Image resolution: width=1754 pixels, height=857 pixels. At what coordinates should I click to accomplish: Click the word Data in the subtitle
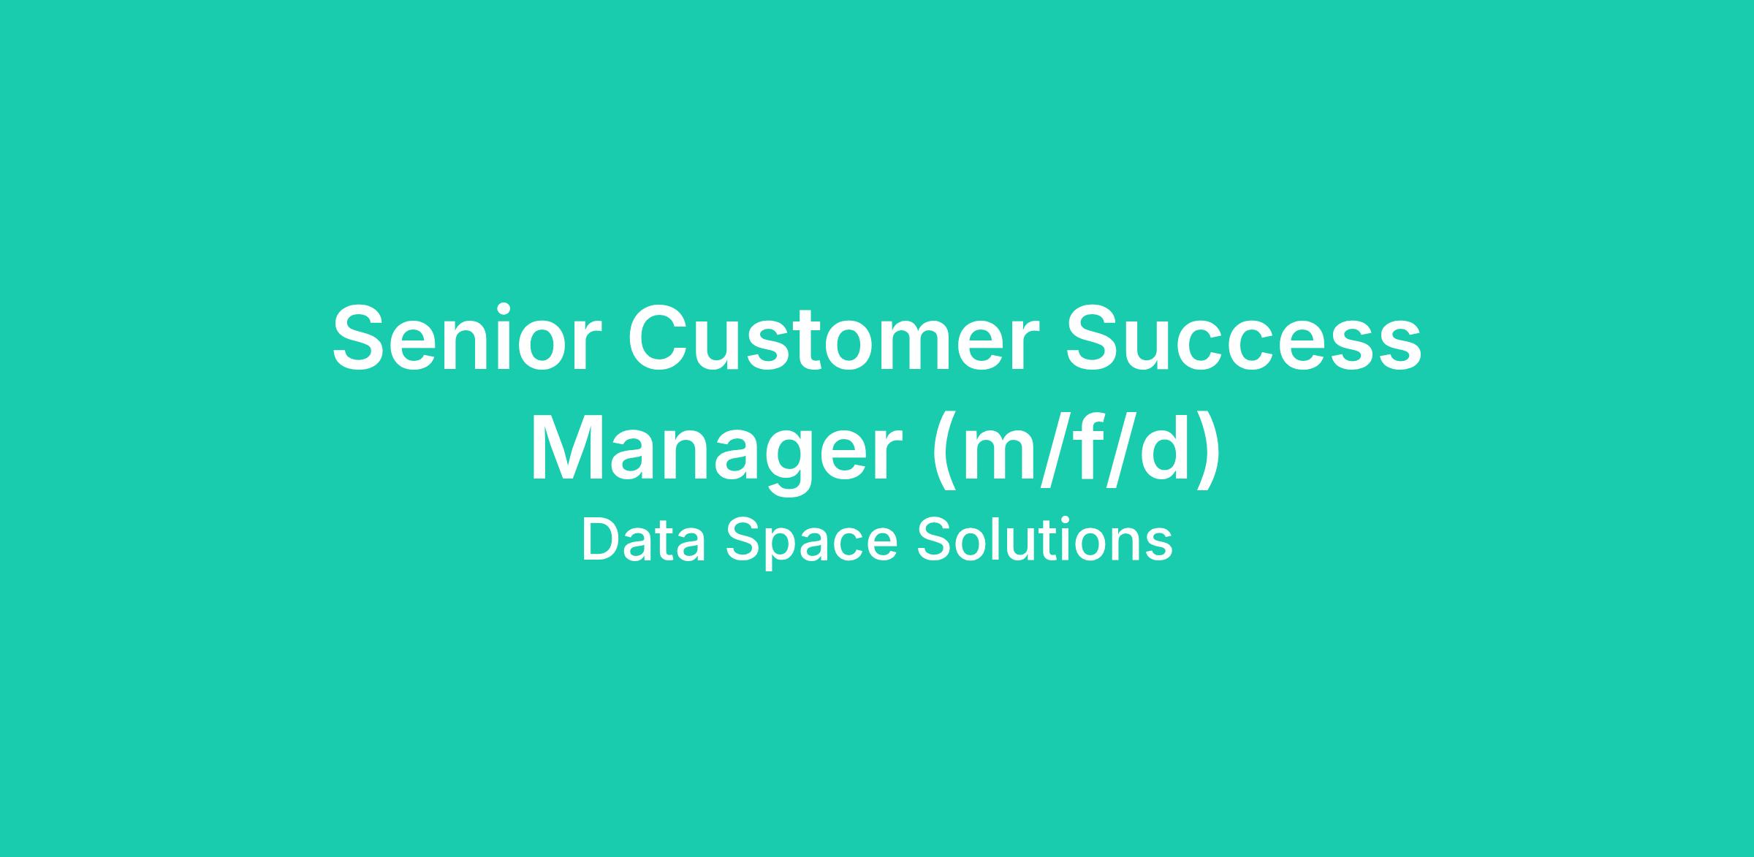click(644, 540)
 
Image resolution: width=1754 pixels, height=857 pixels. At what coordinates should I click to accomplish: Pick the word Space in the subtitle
click(811, 543)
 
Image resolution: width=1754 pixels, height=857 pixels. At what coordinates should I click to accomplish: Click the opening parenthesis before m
click(946, 453)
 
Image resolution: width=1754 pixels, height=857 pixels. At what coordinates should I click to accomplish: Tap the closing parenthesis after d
click(1207, 453)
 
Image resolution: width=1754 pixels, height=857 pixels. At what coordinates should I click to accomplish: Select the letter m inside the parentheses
click(1006, 460)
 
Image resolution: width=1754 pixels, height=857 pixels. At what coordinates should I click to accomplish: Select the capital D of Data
click(602, 540)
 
